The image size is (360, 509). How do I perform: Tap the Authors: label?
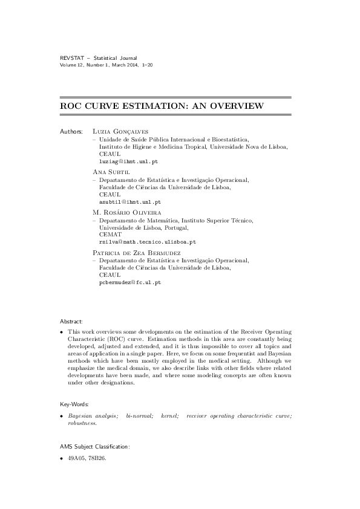click(x=71, y=131)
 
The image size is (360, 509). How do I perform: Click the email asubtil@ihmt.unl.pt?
click(x=129, y=202)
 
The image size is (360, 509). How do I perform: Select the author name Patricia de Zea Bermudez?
click(x=136, y=251)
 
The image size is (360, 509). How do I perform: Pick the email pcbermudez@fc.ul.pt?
click(x=129, y=282)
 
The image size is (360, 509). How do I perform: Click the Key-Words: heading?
click(x=74, y=403)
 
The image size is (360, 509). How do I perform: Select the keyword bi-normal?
click(x=139, y=417)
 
